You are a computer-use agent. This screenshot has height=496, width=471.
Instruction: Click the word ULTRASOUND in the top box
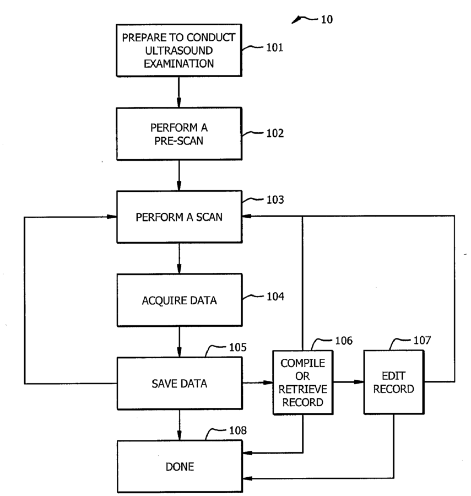click(179, 50)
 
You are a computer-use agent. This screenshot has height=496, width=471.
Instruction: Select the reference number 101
click(274, 47)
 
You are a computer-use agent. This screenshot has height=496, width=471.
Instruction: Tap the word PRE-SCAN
click(179, 141)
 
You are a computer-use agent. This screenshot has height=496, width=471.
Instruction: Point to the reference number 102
click(275, 133)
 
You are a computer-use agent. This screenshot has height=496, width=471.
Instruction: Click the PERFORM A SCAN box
click(179, 217)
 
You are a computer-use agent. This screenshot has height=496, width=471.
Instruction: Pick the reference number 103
click(275, 200)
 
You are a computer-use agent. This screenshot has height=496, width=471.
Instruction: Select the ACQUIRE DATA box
click(180, 300)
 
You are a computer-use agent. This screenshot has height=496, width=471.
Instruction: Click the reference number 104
click(275, 296)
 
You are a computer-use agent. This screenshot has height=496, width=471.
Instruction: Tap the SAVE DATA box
click(180, 384)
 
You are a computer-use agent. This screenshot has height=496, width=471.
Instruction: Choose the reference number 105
click(238, 347)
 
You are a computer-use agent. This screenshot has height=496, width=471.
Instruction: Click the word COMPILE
click(303, 363)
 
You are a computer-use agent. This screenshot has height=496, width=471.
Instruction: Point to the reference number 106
click(344, 341)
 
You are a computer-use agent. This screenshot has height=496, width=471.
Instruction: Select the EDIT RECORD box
click(394, 382)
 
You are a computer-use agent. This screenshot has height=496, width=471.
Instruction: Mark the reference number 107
click(422, 341)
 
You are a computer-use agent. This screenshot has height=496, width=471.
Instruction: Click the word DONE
click(180, 467)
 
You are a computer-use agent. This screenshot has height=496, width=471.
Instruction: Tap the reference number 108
click(238, 430)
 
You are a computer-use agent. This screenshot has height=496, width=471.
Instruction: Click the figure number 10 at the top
click(327, 20)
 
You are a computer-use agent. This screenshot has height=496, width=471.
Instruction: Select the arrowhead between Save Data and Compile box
click(268, 382)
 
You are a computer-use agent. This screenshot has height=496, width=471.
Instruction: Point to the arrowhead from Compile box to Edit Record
click(359, 382)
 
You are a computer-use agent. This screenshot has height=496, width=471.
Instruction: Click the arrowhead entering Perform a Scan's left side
click(112, 217)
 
